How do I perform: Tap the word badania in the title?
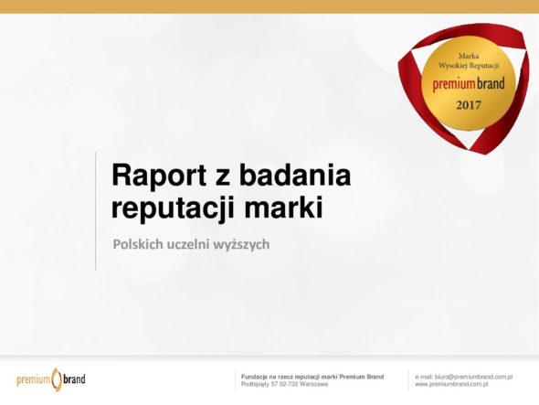[x=295, y=175]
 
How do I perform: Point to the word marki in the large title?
[x=284, y=207]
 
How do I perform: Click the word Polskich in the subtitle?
[x=138, y=244]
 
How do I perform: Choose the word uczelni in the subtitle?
[x=188, y=244]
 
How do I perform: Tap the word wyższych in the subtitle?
[x=241, y=245]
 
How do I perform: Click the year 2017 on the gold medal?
[x=468, y=105]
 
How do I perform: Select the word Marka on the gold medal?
[x=469, y=56]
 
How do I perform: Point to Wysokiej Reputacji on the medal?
[x=469, y=66]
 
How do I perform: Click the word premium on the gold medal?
[x=451, y=85]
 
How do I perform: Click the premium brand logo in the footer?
[x=51, y=379]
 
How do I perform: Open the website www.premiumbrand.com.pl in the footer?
[x=451, y=384]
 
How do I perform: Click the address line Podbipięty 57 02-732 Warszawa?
[x=284, y=384]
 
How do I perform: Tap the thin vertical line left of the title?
[x=96, y=211]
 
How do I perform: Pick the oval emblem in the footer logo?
[x=56, y=379]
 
